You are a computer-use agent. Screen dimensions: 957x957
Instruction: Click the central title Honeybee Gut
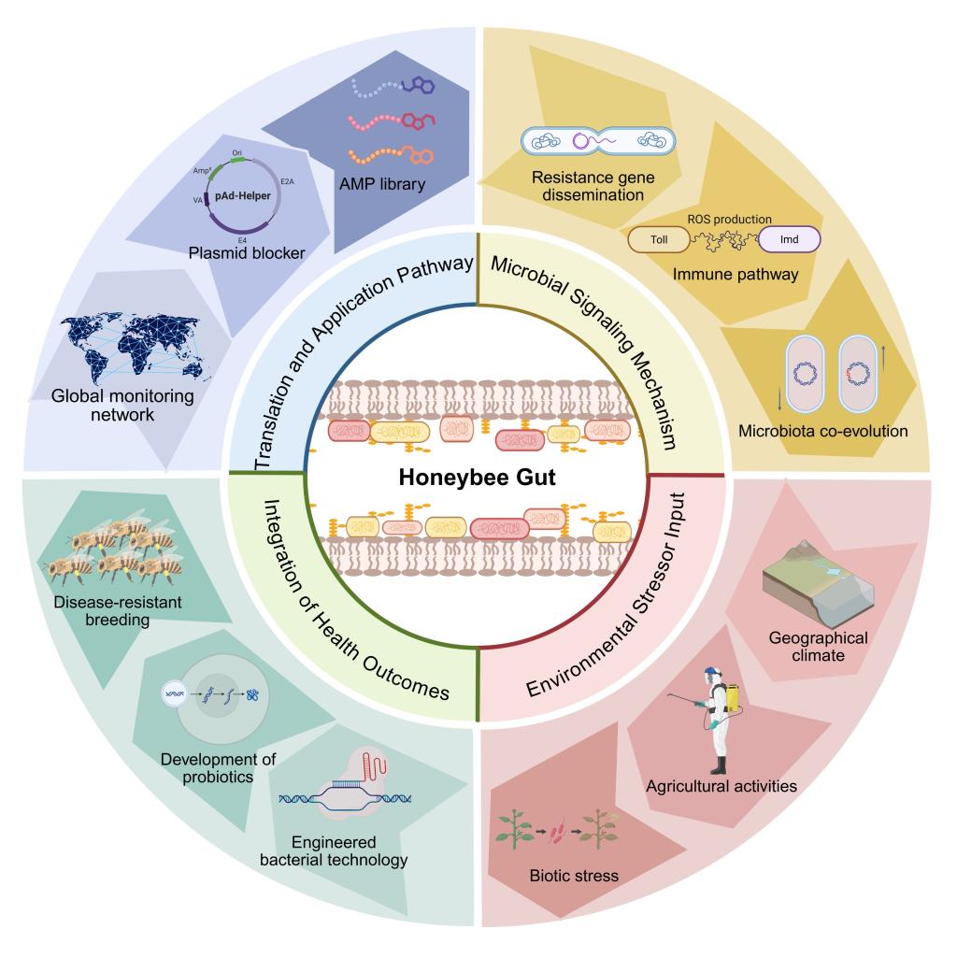click(478, 478)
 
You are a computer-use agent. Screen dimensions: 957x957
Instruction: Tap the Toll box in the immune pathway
click(659, 240)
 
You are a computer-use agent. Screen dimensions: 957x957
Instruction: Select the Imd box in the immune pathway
click(789, 240)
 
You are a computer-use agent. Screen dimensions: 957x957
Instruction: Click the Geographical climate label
click(818, 647)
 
